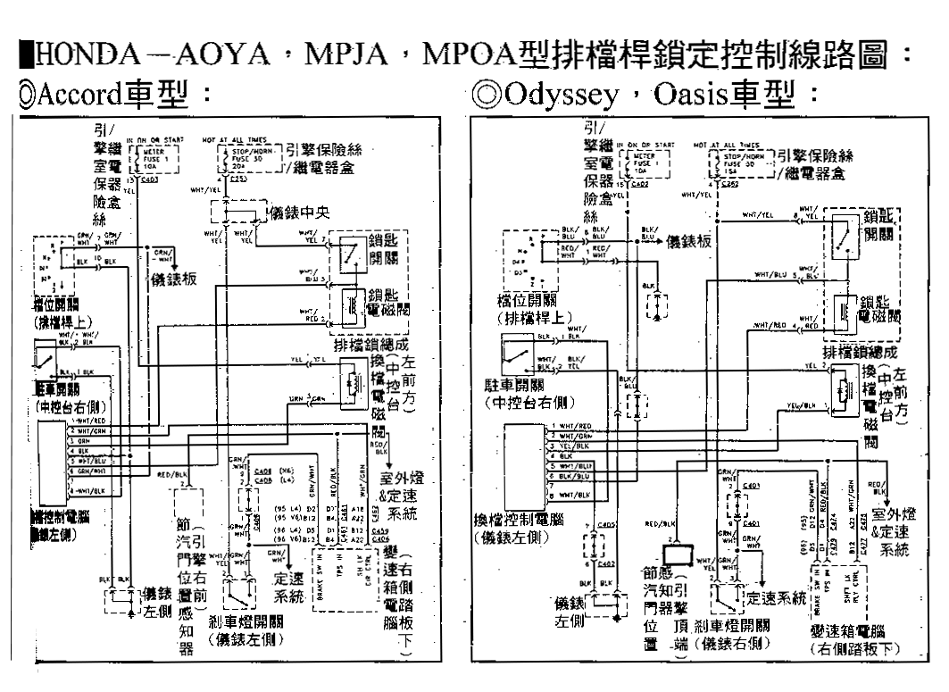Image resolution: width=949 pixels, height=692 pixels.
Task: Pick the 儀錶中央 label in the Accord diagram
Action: [x=297, y=213]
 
